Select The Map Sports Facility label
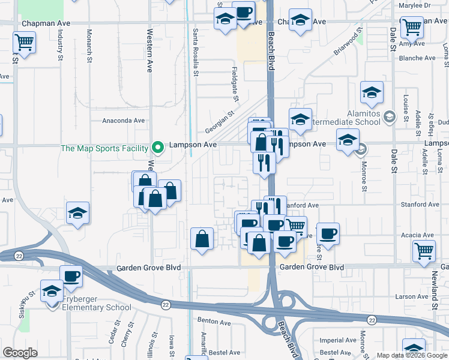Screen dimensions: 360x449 pos(104,148)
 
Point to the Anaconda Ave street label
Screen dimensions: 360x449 pos(124,120)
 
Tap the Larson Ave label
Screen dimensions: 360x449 pos(411,296)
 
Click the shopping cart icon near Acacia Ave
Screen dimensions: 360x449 pos(424,251)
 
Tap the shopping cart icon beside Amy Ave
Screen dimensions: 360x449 pos(412,26)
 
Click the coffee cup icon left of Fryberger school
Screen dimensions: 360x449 pos(71,276)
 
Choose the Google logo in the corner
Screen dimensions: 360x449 pos(20,353)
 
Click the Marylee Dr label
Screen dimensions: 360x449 pos(418,5)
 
